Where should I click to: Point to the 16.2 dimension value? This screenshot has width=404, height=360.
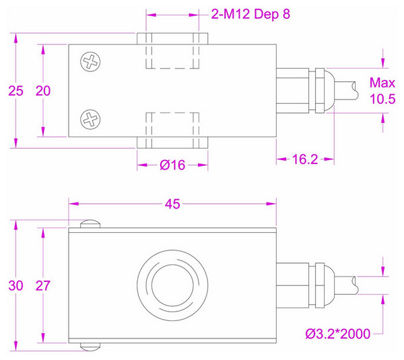point(305,159)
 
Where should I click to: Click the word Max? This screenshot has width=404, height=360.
point(382,83)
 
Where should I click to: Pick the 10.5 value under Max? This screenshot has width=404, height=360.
point(382,99)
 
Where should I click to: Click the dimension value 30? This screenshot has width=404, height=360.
point(15,285)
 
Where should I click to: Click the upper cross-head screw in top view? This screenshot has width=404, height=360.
point(90,63)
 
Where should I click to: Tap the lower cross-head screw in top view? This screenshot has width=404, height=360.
point(90,120)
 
